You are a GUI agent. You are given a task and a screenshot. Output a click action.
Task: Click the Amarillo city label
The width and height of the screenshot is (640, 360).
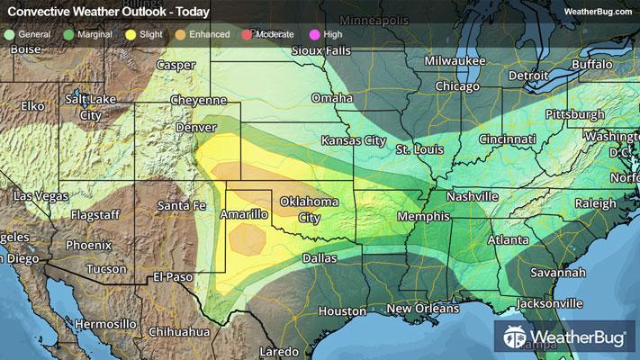[245, 214]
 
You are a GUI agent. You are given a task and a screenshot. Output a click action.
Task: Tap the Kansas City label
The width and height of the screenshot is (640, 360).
[354, 141]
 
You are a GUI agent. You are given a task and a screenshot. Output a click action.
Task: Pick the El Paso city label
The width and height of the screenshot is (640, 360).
[175, 275]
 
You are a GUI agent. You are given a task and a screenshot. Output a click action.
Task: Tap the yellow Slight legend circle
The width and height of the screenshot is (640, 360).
[131, 34]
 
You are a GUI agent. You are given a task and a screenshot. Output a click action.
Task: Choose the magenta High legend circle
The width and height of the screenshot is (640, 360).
[315, 34]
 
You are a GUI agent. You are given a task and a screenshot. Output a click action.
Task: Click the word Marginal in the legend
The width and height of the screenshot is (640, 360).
[96, 34]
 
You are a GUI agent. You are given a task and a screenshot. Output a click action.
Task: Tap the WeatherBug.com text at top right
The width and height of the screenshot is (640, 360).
[597, 12]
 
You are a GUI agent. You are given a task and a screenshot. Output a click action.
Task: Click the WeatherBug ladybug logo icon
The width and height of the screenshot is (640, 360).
[514, 337]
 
